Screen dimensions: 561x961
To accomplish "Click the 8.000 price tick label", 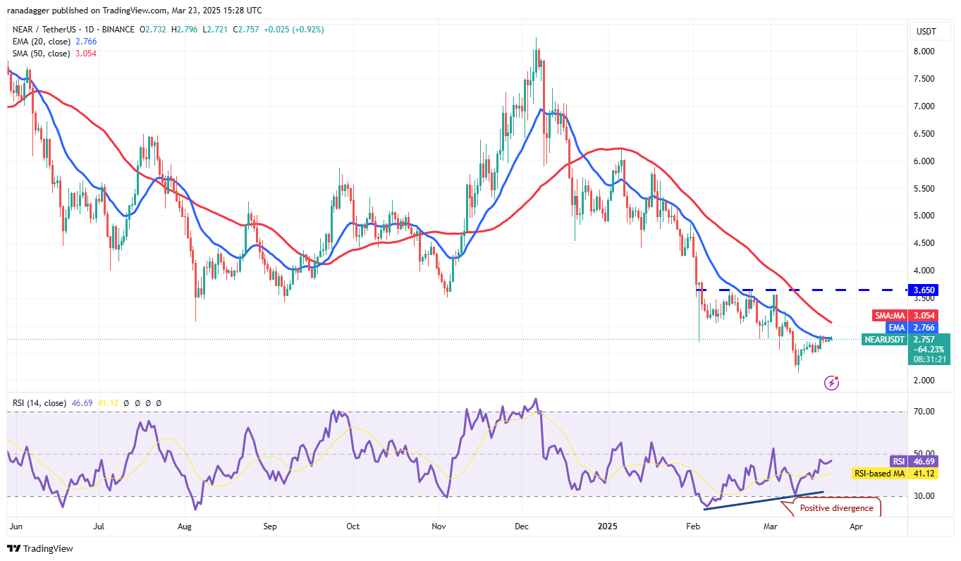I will coord(925,51).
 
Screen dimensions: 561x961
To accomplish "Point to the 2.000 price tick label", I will coord(925,381).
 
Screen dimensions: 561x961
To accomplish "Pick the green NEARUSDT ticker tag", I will coord(885,339).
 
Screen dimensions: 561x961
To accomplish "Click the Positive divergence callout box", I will coord(836,508).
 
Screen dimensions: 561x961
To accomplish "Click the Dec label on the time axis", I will coord(522,526).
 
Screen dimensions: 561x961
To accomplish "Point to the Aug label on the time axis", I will coord(185,526).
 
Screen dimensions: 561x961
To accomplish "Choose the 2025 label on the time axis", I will coord(607,526).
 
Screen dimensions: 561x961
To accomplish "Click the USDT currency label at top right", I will coord(926,31).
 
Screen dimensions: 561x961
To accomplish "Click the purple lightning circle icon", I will coord(832,383).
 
